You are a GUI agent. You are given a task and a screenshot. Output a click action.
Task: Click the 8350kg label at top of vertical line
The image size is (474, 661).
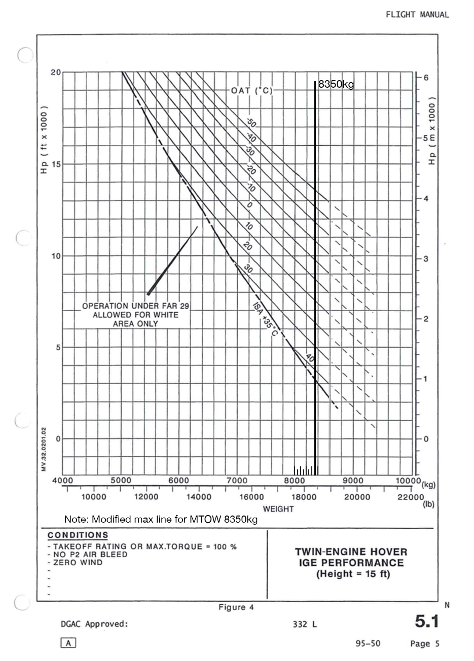336,85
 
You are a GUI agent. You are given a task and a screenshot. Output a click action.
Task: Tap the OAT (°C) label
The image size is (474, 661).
252,91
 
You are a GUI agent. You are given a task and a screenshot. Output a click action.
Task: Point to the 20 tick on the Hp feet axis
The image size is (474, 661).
55,72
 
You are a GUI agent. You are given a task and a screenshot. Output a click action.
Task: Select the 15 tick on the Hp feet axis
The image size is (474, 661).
55,164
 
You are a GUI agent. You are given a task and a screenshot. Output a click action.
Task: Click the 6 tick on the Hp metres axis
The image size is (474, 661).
426,78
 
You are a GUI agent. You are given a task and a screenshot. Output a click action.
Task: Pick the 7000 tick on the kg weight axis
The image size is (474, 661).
237,481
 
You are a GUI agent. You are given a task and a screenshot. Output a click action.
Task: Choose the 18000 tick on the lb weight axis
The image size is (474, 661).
304,497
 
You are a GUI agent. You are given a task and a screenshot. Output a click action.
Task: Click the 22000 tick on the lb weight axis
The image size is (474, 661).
410,497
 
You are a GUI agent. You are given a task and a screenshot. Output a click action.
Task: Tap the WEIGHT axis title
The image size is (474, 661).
278,509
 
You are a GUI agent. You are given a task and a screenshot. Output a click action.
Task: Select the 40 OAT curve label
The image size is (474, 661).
310,358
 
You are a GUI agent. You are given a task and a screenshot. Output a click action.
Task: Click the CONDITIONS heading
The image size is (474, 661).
78,535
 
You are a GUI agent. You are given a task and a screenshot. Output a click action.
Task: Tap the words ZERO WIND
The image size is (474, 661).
78,562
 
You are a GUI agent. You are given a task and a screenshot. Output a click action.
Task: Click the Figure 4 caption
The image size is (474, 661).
236,607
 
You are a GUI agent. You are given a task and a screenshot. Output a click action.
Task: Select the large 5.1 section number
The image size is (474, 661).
426,621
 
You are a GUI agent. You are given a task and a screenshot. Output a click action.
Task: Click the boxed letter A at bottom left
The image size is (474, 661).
68,643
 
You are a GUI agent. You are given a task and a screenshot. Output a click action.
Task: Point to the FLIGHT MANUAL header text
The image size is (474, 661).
417,15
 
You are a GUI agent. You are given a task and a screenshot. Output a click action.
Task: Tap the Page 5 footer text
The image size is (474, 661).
425,644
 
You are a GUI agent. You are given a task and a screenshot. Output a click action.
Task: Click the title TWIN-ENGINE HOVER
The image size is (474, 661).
351,552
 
